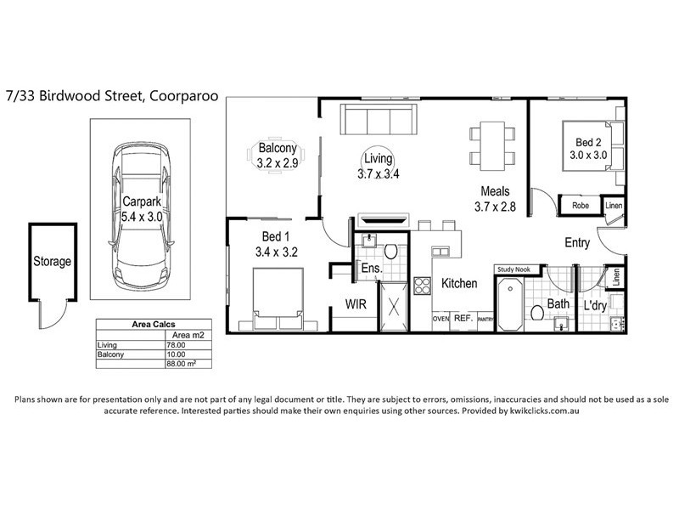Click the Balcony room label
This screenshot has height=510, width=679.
coord(278,148)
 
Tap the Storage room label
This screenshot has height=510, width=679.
coord(53,262)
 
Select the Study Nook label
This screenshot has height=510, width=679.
coord(513,269)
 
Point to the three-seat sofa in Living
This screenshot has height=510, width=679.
coord(379,119)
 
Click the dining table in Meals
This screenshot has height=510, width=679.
coord(492,146)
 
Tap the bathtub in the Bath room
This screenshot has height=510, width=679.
coord(510,305)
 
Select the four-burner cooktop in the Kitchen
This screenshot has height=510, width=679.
coord(422,286)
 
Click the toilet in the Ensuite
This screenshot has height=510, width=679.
coord(390,251)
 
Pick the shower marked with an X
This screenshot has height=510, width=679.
coord(394,307)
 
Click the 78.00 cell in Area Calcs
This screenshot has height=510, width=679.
coord(177,345)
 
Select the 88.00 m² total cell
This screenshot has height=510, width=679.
coord(182,364)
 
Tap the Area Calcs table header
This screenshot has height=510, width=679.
coord(154,325)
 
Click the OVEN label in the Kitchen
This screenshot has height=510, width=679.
coord(441,319)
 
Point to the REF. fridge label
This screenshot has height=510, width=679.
coord(463,318)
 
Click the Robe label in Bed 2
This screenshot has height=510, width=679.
coord(581,206)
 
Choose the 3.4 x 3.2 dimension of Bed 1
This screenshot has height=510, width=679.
coord(277,252)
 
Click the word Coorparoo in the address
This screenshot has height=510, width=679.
coord(183,96)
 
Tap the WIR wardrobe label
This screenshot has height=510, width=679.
coord(356,304)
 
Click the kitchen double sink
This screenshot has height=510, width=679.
coord(441,252)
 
